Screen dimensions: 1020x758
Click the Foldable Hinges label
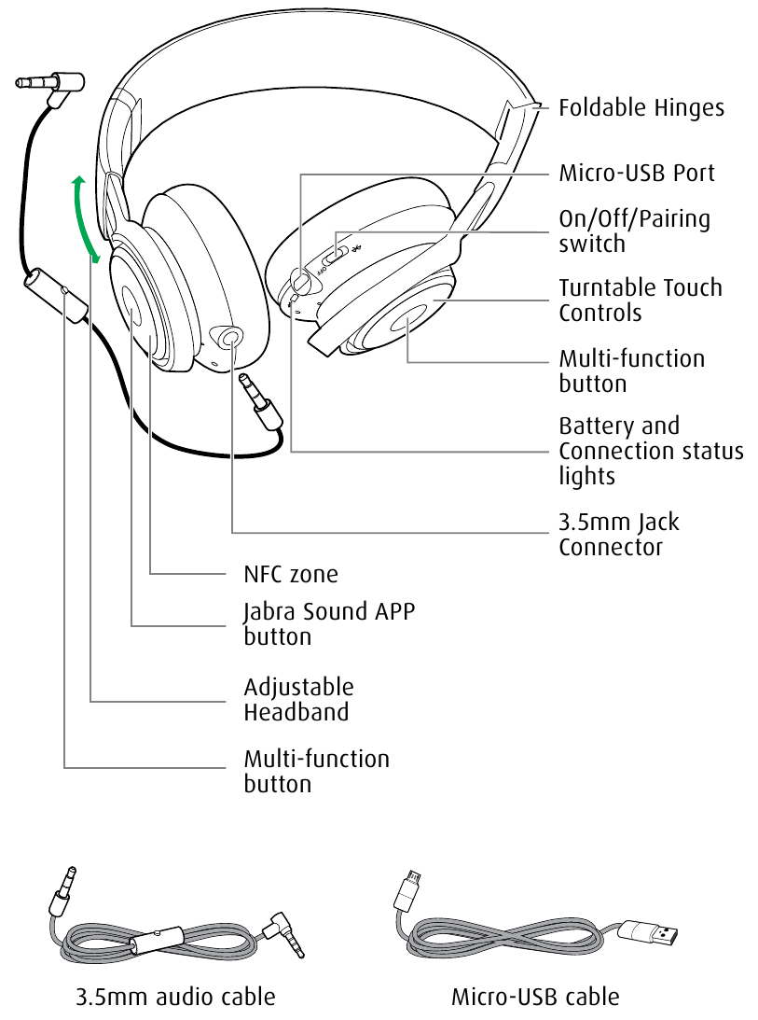coord(641,108)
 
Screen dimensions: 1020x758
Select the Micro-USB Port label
coord(637,174)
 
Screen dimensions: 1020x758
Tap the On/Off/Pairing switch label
coord(634,231)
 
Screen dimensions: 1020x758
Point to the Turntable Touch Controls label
coord(641,300)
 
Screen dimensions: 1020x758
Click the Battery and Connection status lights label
coord(651,451)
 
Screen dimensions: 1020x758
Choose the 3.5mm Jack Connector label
coord(618,534)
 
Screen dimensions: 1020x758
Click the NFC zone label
coord(291,573)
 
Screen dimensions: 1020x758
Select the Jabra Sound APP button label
coord(329,624)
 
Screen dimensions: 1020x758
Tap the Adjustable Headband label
coord(298,699)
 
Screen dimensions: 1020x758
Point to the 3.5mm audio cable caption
coord(175,997)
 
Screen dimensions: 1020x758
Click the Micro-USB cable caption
coord(535,997)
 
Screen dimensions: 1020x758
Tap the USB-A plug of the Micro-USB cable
coord(650,931)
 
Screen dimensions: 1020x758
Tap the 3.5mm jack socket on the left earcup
coord(227,337)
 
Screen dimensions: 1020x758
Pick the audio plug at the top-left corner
coord(50,85)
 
